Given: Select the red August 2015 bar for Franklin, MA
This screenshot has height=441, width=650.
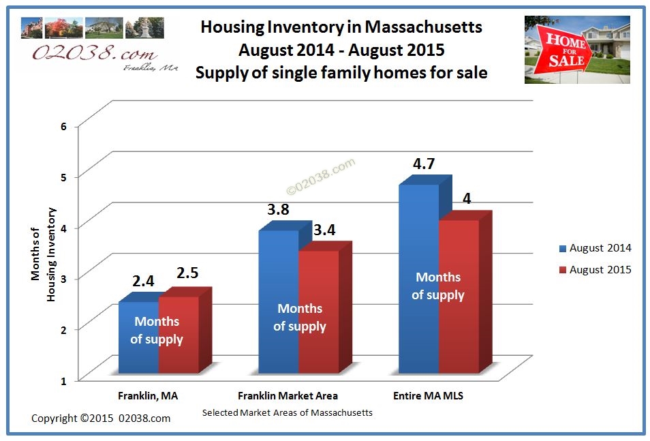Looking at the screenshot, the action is (185, 334).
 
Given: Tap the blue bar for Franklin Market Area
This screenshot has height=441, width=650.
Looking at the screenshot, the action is (279, 301).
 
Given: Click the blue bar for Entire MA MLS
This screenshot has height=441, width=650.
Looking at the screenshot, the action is (419, 278).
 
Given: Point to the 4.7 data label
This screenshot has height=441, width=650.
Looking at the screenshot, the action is (424, 164).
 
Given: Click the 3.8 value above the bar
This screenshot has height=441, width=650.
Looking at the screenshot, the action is (278, 209).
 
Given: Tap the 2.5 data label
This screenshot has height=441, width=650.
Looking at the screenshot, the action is (187, 273).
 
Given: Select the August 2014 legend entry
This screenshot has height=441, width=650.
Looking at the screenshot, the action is (595, 248).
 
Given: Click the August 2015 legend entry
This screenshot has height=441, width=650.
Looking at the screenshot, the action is (595, 270).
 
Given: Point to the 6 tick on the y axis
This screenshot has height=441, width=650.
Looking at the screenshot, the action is (63, 127).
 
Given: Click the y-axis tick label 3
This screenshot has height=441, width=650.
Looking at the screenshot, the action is (63, 279).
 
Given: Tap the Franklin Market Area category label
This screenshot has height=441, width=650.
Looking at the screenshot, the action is (288, 396).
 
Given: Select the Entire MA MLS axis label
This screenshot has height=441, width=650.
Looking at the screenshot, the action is (428, 396).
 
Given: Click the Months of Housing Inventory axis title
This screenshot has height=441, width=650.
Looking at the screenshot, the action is (43, 254).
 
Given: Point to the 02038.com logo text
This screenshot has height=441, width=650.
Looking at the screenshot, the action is (95, 53).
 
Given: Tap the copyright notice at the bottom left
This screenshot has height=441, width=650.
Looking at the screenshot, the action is (101, 419).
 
